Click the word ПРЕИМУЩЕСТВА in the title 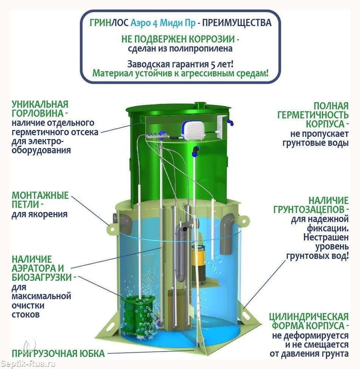(x=237, y=23)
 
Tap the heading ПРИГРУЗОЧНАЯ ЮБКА (x=58, y=353)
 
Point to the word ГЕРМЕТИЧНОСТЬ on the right (x=313, y=115)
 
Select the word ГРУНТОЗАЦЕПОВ (x=309, y=209)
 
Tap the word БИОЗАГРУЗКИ (x=42, y=277)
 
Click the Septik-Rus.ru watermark (x=28, y=364)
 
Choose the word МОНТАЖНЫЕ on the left (x=40, y=195)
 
